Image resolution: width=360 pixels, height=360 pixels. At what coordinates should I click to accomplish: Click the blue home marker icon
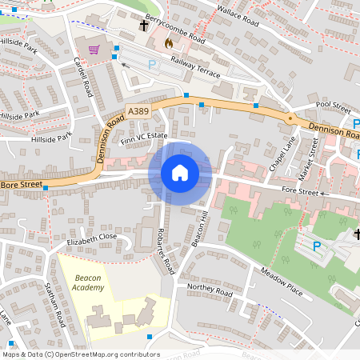(x=180, y=173)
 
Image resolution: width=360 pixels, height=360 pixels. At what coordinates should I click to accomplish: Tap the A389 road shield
(x=138, y=110)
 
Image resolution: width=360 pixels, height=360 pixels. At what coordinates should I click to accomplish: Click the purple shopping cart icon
(x=94, y=50)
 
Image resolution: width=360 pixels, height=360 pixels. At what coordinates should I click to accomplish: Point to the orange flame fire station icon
(x=168, y=42)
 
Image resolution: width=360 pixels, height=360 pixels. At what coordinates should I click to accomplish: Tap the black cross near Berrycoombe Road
(x=144, y=26)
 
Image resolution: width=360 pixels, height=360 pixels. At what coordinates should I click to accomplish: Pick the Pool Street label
(x=334, y=106)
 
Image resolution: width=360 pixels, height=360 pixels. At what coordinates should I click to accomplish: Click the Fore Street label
(x=301, y=191)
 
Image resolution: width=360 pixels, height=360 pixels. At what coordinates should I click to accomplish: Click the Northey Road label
(x=209, y=290)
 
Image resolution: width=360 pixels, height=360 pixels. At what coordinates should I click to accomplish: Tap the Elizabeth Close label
(x=92, y=238)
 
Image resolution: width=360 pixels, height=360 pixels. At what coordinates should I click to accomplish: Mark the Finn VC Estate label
(x=143, y=138)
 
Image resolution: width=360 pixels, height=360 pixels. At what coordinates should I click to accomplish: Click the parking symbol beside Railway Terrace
(x=152, y=63)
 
